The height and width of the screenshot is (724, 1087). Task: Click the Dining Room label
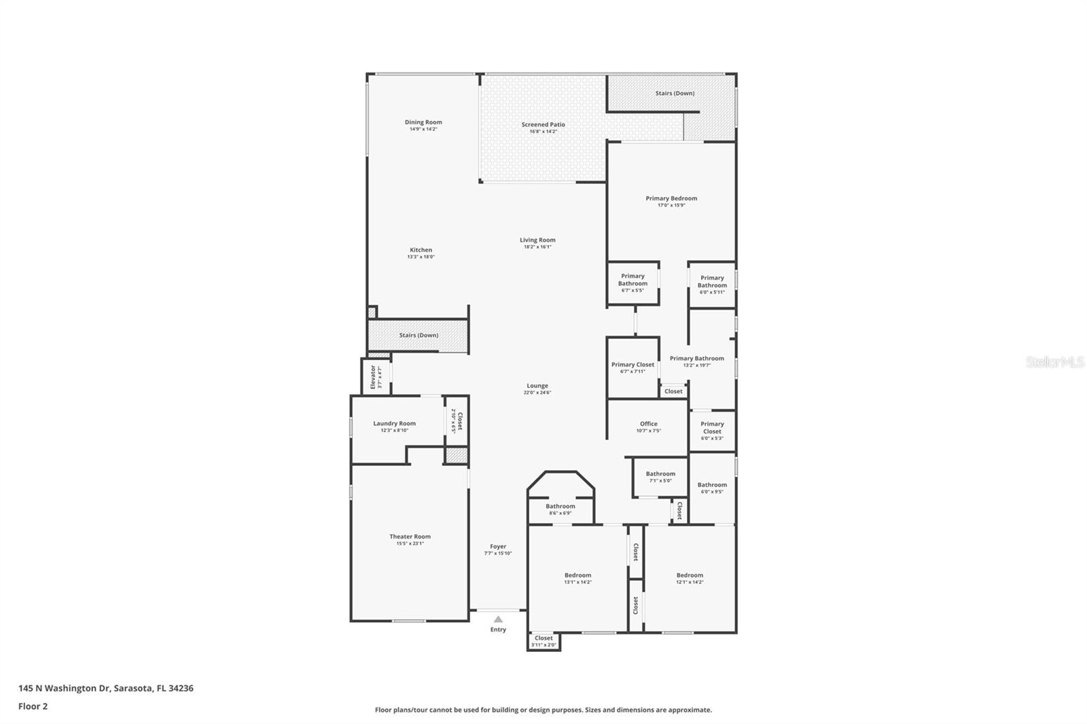423,122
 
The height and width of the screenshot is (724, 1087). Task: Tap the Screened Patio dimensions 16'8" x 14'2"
543,132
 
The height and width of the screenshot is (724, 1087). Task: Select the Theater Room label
410,537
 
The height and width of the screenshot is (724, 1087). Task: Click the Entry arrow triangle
498,619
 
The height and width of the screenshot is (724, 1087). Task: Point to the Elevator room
375,377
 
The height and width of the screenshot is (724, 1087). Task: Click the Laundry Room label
394,423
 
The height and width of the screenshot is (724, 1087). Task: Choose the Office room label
648,423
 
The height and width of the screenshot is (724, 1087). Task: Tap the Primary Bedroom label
671,198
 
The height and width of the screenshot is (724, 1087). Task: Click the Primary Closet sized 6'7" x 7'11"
632,367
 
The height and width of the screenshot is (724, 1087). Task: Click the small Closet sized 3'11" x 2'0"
543,641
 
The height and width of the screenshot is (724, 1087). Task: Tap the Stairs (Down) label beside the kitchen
418,336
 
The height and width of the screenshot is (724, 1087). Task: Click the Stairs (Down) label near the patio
675,93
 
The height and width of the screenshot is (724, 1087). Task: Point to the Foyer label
498,546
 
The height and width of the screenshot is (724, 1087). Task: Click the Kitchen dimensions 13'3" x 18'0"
421,257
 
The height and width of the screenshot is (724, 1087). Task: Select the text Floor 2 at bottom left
33,706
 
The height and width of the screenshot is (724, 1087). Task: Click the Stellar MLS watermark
1054,362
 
